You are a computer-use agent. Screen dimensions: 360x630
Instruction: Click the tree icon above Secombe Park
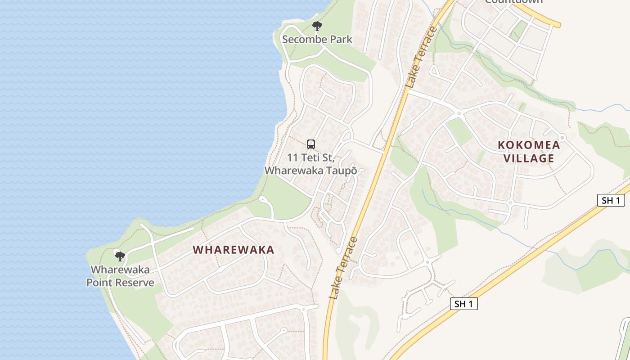coord(317,26)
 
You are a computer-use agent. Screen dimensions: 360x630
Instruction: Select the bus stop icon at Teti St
coord(311,144)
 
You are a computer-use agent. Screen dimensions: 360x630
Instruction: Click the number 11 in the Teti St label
coord(293,158)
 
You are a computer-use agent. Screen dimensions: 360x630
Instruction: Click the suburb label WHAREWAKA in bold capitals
coord(234,250)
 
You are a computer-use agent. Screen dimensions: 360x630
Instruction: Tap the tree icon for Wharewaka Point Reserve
coord(120,256)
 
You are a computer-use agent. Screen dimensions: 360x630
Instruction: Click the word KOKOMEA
coord(529,145)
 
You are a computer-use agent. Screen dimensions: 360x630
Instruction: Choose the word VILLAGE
coord(529,158)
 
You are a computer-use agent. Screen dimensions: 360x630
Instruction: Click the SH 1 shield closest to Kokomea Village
coord(611,200)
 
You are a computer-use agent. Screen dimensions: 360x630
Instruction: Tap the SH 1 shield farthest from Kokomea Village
coord(463,304)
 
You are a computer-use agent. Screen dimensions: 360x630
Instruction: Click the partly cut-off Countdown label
coord(513,2)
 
